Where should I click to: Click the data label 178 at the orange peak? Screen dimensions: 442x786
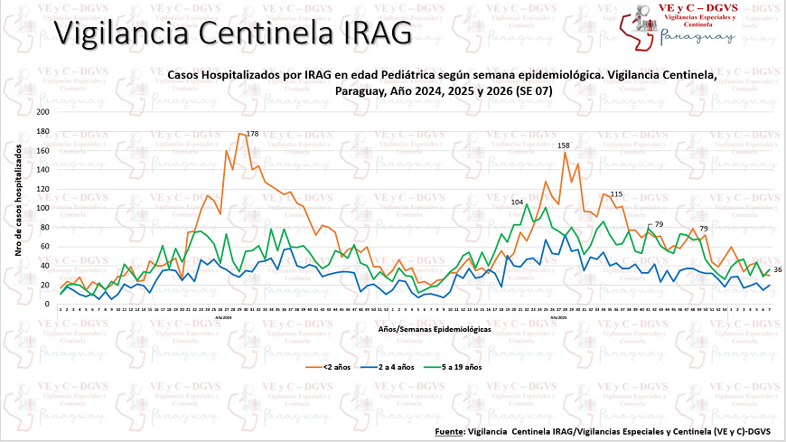(252, 134)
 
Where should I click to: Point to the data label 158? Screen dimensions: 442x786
(564, 146)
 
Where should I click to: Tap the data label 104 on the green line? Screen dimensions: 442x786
(518, 202)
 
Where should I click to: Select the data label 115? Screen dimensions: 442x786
(617, 194)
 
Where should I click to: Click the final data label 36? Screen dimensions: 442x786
(778, 270)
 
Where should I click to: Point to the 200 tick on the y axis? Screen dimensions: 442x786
(43, 112)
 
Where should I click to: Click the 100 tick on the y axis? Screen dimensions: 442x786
(43, 208)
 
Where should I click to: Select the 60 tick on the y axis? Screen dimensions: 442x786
(45, 247)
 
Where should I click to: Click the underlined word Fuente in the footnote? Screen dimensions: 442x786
(449, 430)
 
